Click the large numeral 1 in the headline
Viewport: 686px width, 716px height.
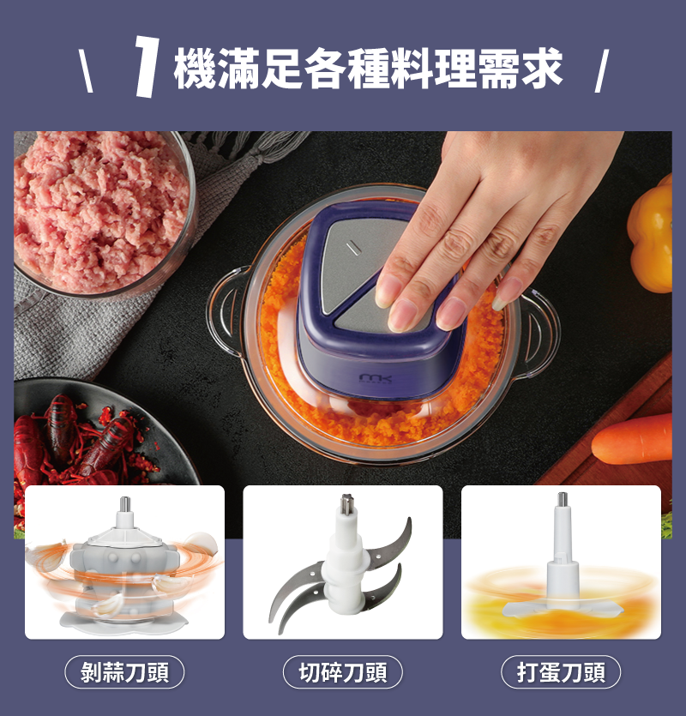click(147, 66)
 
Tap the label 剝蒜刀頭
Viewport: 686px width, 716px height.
click(124, 672)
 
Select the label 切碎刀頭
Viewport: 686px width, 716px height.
click(343, 672)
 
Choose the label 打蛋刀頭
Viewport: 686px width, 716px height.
click(561, 672)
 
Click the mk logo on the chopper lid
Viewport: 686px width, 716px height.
click(376, 378)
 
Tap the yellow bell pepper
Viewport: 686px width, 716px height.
click(650, 233)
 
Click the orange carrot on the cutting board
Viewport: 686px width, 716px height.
click(633, 439)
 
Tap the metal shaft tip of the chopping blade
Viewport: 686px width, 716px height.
click(346, 503)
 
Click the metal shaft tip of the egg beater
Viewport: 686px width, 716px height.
click(563, 499)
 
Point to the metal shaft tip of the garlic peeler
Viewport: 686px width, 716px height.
click(125, 504)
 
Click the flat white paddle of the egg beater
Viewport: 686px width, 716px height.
click(563, 608)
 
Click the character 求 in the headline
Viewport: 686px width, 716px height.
click(542, 69)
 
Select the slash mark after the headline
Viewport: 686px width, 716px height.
click(602, 71)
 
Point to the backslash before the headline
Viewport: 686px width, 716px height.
click(86, 71)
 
